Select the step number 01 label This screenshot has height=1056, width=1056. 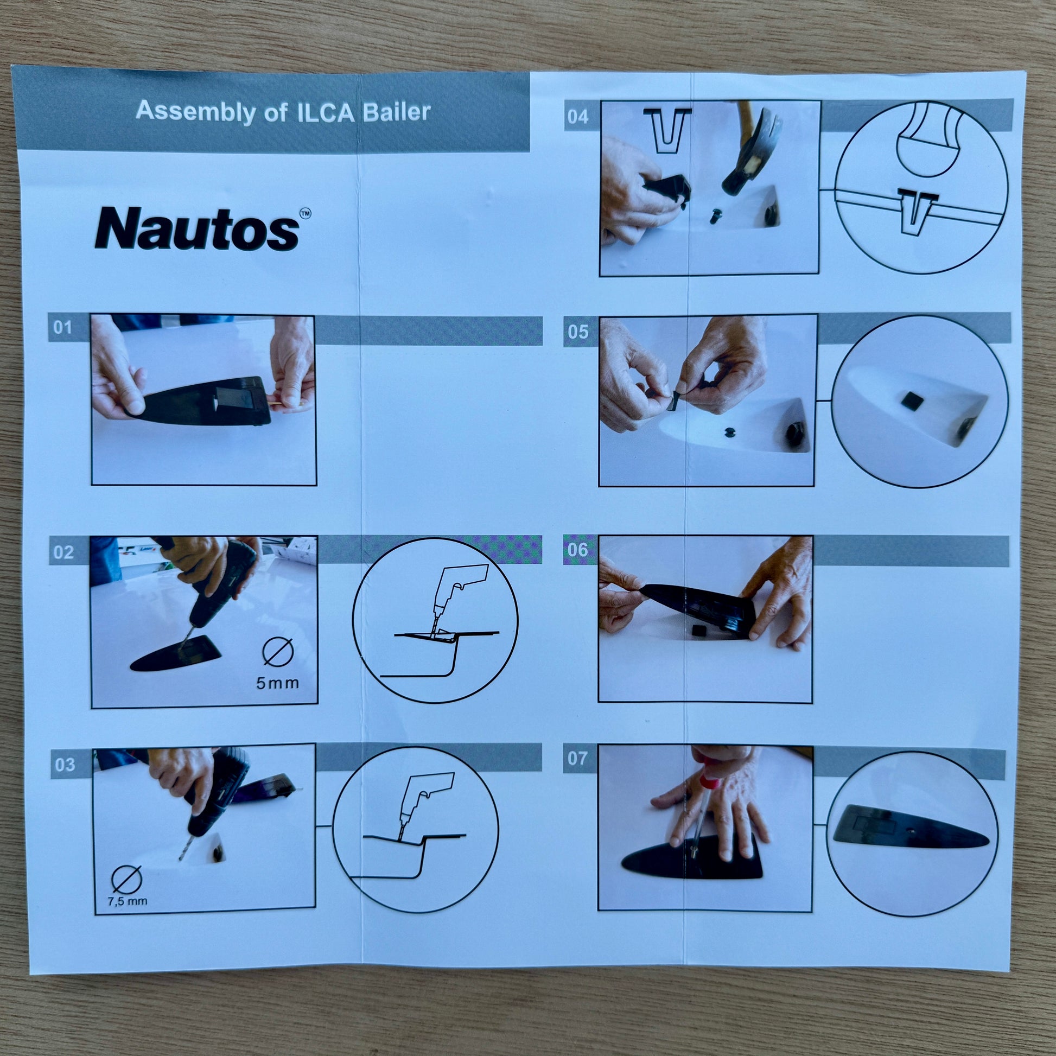point(63,327)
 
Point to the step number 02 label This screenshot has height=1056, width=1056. point(63,552)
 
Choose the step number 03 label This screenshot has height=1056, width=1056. point(65,764)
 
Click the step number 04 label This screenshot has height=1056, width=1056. point(578,117)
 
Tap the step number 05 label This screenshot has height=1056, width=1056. point(578,332)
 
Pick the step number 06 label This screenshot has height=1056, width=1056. point(577,549)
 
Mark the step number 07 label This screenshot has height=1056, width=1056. point(577,758)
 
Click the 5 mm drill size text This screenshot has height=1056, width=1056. point(278,683)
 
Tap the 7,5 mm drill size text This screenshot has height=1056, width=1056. point(128,901)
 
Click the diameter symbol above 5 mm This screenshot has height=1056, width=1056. point(279,652)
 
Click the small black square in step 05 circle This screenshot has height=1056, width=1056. point(912,402)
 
